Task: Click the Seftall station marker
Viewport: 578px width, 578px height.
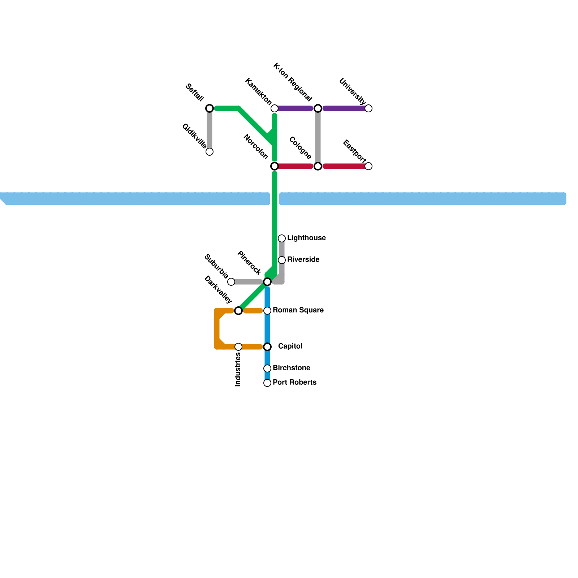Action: pyautogui.click(x=210, y=108)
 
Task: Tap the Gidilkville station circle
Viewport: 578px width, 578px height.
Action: pyautogui.click(x=210, y=152)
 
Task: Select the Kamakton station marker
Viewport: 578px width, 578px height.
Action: pyautogui.click(x=275, y=108)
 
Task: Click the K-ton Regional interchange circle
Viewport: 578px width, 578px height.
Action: pyautogui.click(x=318, y=108)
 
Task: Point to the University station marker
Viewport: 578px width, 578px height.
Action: pyautogui.click(x=368, y=108)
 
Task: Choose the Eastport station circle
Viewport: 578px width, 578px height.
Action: pyautogui.click(x=368, y=166)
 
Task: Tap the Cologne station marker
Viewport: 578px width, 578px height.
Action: pyautogui.click(x=318, y=166)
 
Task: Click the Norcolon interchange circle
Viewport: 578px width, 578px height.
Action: pyautogui.click(x=275, y=166)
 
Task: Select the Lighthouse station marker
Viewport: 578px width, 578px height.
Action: pyautogui.click(x=282, y=238)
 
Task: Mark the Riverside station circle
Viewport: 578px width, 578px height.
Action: pyautogui.click(x=282, y=260)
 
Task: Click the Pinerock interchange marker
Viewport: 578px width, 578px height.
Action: pyautogui.click(x=267, y=282)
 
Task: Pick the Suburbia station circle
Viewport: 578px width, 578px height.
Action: pyautogui.click(x=231, y=282)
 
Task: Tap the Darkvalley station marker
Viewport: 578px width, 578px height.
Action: pyautogui.click(x=238, y=311)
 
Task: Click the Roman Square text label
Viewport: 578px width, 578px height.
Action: pyautogui.click(x=298, y=310)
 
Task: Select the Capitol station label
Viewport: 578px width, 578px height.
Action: pyautogui.click(x=290, y=346)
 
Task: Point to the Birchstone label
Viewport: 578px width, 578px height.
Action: pyautogui.click(x=292, y=368)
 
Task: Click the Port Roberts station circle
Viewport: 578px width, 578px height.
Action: pyautogui.click(x=267, y=383)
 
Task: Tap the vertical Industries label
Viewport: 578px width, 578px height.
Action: pyautogui.click(x=238, y=370)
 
